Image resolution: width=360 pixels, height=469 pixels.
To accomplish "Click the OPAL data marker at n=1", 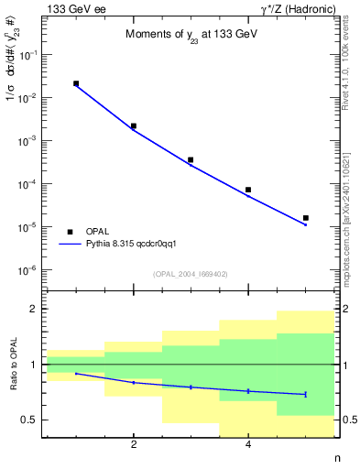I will click(x=76, y=83).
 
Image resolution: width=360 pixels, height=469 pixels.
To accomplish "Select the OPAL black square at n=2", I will click(x=134, y=125).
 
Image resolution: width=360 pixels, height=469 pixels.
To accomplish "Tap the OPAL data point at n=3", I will click(x=191, y=159).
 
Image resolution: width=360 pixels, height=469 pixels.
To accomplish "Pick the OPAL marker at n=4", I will click(x=248, y=190).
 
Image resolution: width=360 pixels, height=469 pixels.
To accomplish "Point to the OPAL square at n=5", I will click(x=305, y=218).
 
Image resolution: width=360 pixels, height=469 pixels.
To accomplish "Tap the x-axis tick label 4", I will click(x=248, y=445).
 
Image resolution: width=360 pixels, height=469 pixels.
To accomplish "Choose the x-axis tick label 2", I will click(x=134, y=445).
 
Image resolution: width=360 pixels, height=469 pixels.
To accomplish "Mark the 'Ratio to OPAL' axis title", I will click(x=14, y=365).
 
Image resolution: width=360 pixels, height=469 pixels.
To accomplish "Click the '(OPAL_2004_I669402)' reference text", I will click(x=191, y=273).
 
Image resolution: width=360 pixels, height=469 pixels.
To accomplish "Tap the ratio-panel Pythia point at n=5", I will click(x=305, y=394).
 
